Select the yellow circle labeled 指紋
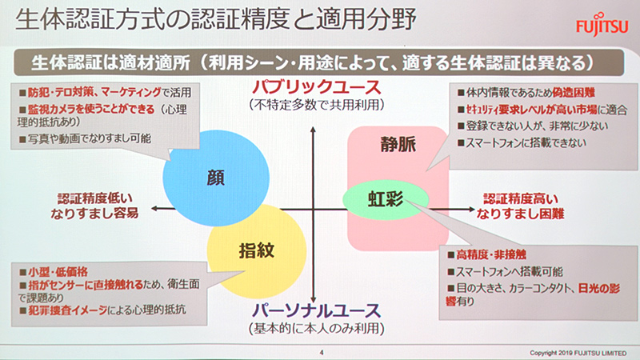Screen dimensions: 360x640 click(x=256, y=249)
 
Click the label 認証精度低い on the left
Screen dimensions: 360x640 click(x=94, y=197)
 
